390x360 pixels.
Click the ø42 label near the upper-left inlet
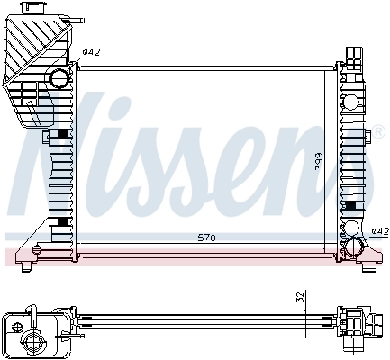tap(90, 52)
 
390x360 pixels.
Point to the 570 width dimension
tap(207, 238)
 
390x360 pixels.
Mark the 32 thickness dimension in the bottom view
tap(299, 296)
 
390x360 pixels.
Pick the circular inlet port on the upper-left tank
tap(59, 78)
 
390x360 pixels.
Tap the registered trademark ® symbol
tap(367, 138)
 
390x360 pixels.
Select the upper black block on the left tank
tap(60, 134)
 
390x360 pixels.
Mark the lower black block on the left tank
tap(60, 222)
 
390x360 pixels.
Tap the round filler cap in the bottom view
tap(33, 340)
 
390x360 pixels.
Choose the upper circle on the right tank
tap(349, 74)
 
